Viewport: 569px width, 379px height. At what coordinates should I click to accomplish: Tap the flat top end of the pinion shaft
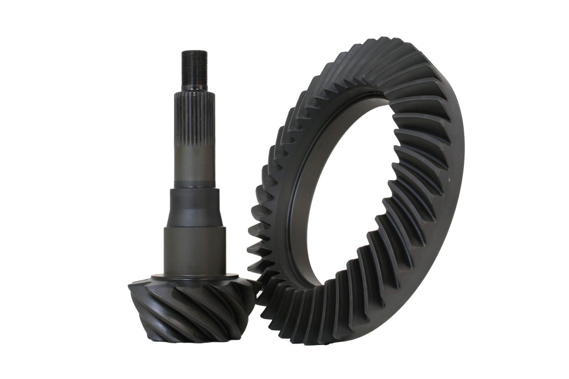click(x=192, y=51)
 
